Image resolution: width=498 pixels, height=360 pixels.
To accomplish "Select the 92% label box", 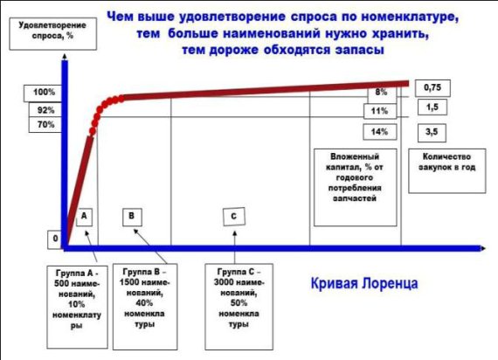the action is [45, 110].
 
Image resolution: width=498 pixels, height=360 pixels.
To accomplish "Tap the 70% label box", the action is [45, 125].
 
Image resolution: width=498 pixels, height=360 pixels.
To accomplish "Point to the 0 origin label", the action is [55, 239].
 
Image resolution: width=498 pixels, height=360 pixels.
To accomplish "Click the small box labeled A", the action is [84, 217].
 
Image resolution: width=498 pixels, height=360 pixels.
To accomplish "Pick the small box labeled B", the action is [132, 217].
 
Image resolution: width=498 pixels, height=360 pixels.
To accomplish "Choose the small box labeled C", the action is [234, 217].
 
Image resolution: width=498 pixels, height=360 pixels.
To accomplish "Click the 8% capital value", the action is [382, 93].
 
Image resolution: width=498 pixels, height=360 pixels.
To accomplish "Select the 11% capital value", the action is [380, 111].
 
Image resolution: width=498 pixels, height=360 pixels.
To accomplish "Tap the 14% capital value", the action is [380, 132].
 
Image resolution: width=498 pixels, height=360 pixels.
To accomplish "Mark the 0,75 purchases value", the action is [432, 88].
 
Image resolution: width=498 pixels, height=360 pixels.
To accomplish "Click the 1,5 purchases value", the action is [432, 107].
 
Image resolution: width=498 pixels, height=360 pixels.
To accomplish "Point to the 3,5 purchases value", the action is [432, 133].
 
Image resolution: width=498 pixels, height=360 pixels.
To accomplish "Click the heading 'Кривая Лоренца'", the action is [364, 283].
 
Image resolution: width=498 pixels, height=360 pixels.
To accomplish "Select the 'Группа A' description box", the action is [77, 307].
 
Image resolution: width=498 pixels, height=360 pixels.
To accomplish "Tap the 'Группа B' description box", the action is [145, 307].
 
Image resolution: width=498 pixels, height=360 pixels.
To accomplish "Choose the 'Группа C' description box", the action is [239, 307].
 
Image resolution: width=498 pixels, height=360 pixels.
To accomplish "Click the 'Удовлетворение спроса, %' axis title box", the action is [53, 34].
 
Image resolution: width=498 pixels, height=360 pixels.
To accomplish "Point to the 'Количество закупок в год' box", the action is [446, 171].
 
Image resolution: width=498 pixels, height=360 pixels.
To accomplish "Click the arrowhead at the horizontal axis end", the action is [483, 248].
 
